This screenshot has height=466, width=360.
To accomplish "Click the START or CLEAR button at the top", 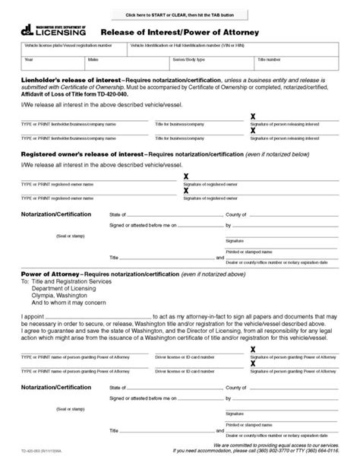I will click(x=180, y=14).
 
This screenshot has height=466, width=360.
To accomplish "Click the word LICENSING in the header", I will click(x=61, y=33).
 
